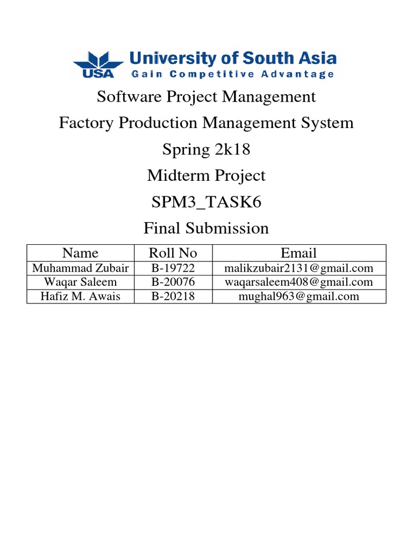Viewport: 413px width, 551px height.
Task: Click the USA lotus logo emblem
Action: point(98,64)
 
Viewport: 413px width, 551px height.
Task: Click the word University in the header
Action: point(163,58)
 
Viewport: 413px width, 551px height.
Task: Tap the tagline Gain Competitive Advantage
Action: point(232,74)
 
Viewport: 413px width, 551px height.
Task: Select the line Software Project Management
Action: point(206,97)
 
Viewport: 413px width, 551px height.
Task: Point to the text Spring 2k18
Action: point(206,149)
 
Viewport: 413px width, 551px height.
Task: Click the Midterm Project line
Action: point(206,175)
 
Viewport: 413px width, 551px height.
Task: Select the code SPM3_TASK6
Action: point(206,202)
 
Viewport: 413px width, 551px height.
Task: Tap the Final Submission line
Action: point(206,228)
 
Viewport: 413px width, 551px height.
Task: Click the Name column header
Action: point(80,253)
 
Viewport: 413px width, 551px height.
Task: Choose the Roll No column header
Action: point(173,253)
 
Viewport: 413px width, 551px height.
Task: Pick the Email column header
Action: point(299,253)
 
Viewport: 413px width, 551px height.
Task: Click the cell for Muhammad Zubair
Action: point(80,268)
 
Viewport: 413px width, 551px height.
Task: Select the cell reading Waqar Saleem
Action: point(80,282)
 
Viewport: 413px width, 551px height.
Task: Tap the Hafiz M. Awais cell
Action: point(80,296)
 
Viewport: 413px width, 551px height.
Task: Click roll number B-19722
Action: point(173,268)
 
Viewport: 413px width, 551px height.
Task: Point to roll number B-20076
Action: point(173,282)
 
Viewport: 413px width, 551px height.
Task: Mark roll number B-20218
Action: point(173,296)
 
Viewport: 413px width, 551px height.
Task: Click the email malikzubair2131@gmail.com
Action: point(299,268)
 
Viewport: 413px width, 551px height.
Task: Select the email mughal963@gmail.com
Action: point(299,296)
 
